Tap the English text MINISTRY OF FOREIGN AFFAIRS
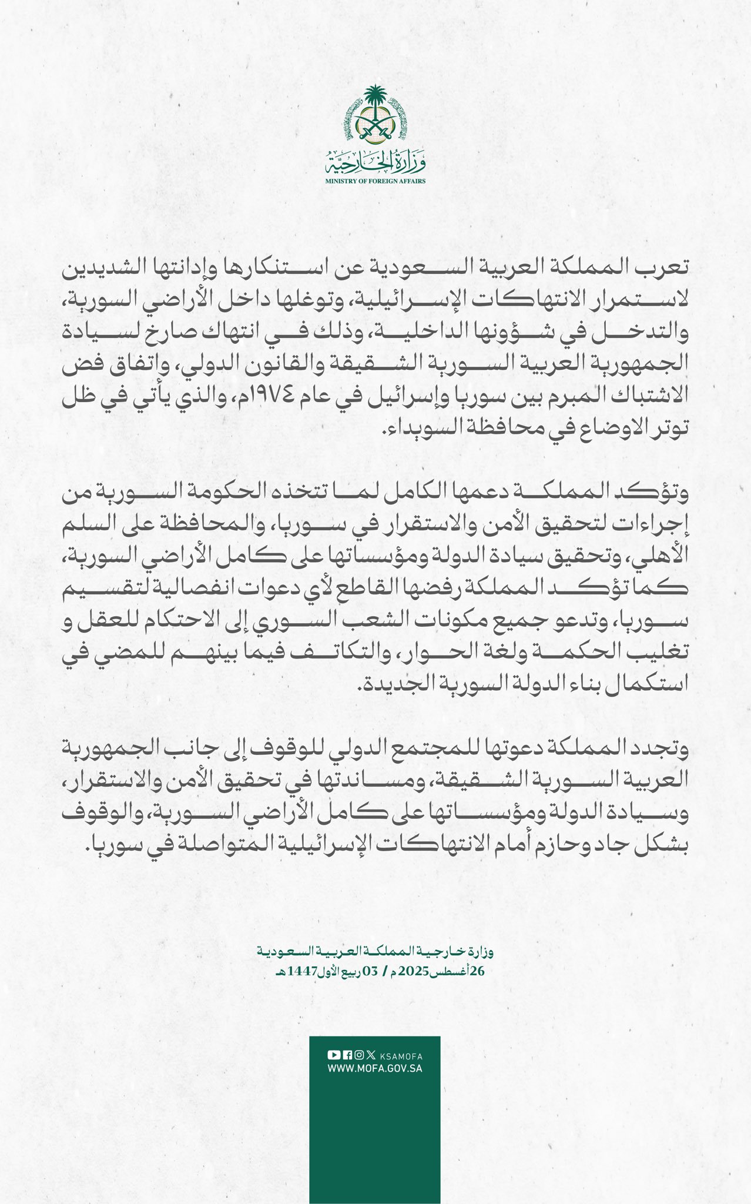point(375,181)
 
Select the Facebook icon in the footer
point(347,1055)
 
